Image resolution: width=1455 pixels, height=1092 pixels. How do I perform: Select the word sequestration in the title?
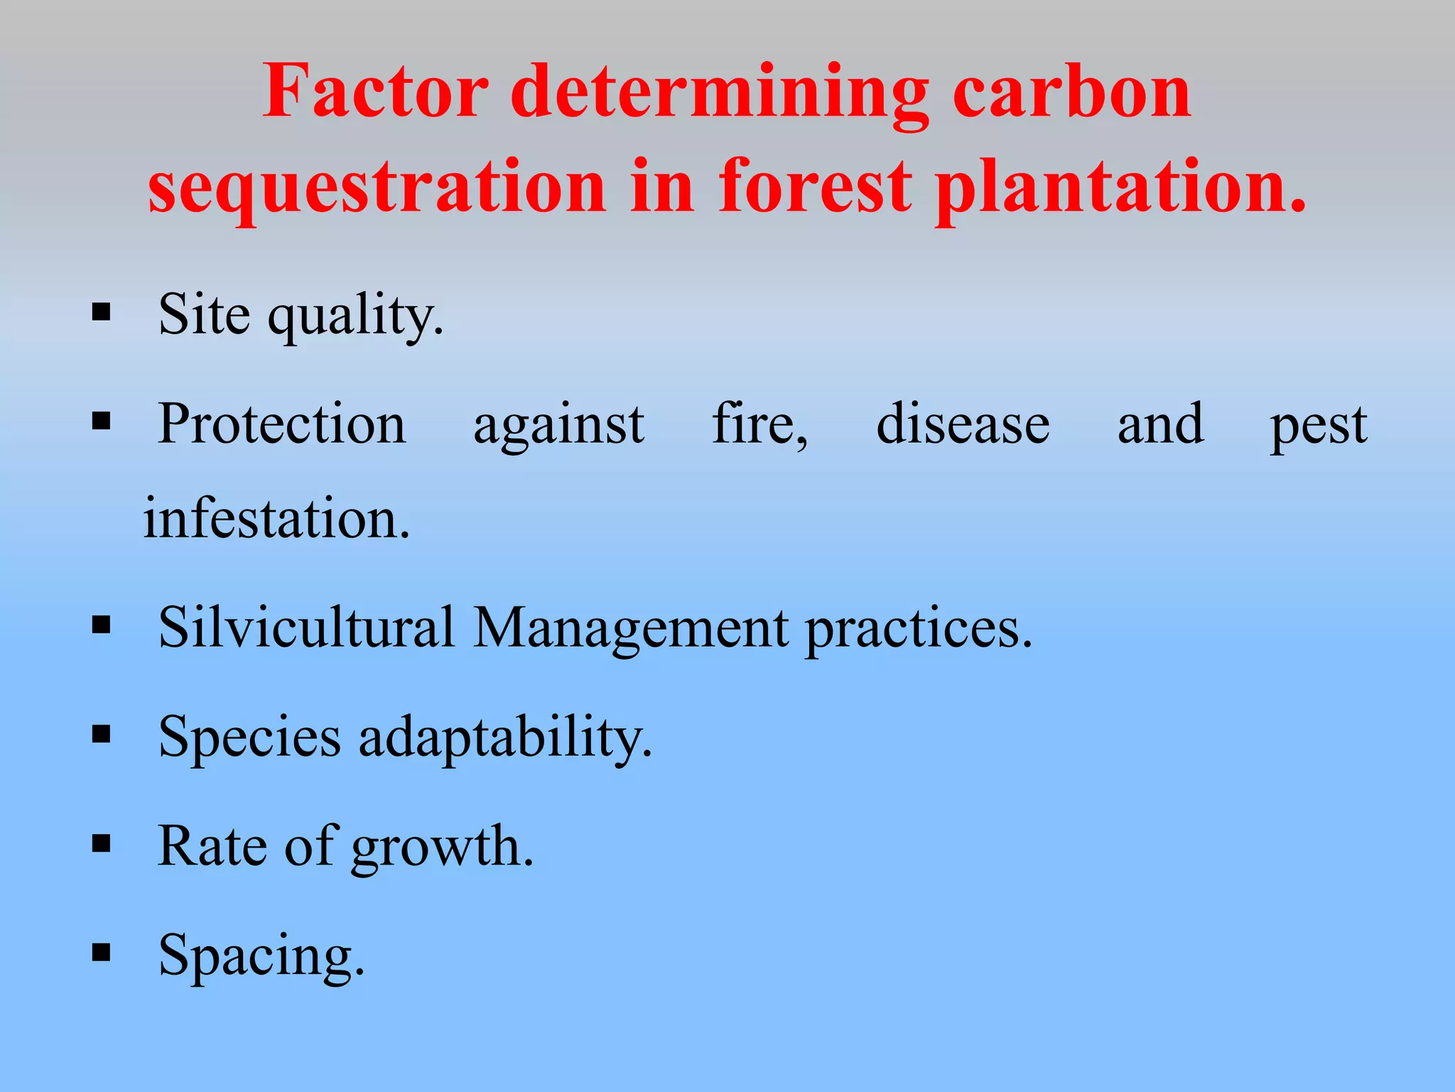pyautogui.click(x=377, y=186)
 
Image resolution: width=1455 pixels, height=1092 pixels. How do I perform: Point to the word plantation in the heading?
pyautogui.click(x=1120, y=186)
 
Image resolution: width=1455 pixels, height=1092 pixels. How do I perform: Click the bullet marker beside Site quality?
pyautogui.click(x=102, y=312)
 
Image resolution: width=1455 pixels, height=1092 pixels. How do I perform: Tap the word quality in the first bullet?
pyautogui.click(x=355, y=316)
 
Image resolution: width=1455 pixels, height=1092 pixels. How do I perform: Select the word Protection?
pyautogui.click(x=281, y=424)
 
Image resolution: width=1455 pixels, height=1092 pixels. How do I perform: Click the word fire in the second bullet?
pyautogui.click(x=759, y=424)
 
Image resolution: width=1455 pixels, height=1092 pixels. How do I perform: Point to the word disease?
pyautogui.click(x=963, y=424)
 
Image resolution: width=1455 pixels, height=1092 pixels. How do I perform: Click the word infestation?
pyautogui.click(x=276, y=518)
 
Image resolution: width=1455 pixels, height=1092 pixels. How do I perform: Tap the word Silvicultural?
pyautogui.click(x=306, y=627)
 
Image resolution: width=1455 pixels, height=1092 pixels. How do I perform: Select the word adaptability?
pyautogui.click(x=504, y=738)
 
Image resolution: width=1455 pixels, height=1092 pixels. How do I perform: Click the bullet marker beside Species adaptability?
pyautogui.click(x=102, y=734)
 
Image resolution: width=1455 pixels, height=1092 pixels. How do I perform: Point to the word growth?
pyautogui.click(x=441, y=847)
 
